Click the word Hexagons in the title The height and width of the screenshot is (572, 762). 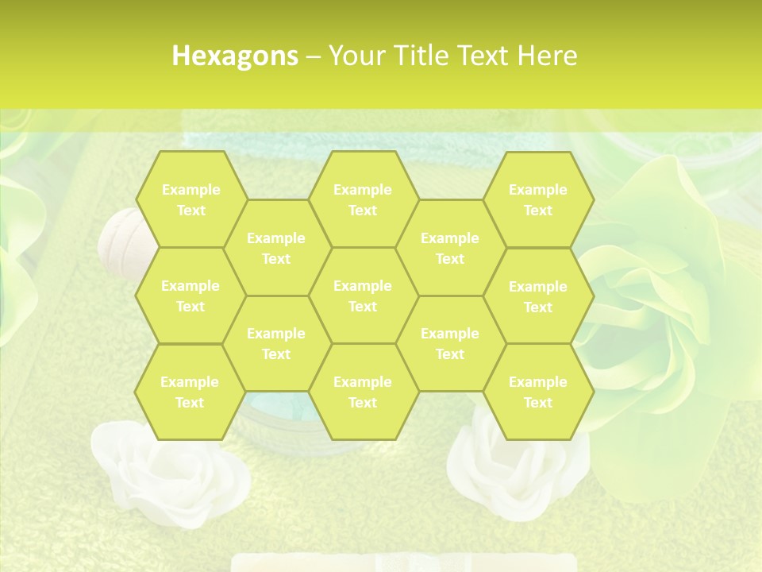pyautogui.click(x=235, y=56)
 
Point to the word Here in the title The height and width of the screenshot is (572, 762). pyautogui.click(x=547, y=56)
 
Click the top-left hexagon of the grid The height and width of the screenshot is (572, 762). pyautogui.click(x=190, y=199)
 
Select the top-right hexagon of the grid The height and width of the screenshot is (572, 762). pyautogui.click(x=538, y=199)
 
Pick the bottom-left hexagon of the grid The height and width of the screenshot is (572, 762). pyautogui.click(x=190, y=392)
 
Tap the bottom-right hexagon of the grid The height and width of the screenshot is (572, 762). pyautogui.click(x=538, y=392)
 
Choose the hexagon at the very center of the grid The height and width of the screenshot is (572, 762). pyautogui.click(x=363, y=296)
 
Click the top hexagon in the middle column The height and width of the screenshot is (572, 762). pyautogui.click(x=363, y=199)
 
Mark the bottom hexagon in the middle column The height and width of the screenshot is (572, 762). pyautogui.click(x=363, y=392)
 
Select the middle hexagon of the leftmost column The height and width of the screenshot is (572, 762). pyautogui.click(x=190, y=296)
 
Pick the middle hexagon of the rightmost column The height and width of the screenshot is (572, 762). pyautogui.click(x=538, y=296)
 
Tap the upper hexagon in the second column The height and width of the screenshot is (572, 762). pyautogui.click(x=276, y=248)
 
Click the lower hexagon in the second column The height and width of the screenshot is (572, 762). pyautogui.click(x=276, y=343)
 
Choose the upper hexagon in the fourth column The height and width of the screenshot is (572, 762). pyautogui.click(x=450, y=248)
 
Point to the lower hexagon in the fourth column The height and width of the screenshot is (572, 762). pyautogui.click(x=450, y=343)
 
